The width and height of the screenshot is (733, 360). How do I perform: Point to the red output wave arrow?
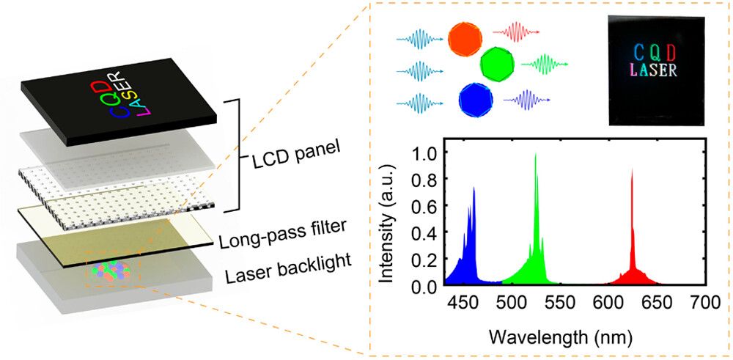click(x=516, y=33)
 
